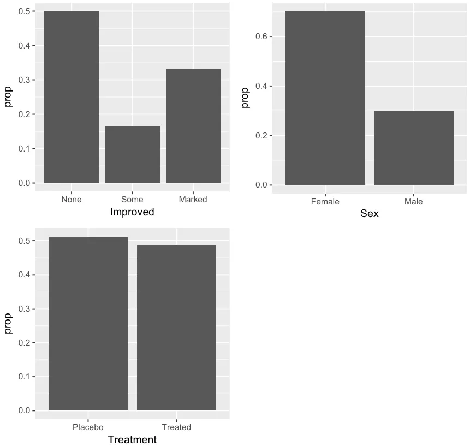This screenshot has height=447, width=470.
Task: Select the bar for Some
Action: [132, 155]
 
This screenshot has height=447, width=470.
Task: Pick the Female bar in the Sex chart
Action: [325, 98]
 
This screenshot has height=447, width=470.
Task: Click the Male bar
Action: [414, 148]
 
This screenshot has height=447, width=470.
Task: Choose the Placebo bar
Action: [88, 324]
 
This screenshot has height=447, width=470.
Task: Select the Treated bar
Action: [176, 328]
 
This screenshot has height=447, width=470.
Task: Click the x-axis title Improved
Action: [132, 212]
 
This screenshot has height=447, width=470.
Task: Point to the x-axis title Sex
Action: [369, 214]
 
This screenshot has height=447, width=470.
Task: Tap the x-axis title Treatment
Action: [132, 440]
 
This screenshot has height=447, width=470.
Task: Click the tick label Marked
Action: [193, 200]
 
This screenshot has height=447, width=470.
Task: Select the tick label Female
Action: [325, 202]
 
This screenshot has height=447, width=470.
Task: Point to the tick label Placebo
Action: [88, 427]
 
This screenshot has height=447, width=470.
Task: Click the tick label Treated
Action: [176, 427]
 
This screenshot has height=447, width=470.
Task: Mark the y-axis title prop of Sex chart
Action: [246, 98]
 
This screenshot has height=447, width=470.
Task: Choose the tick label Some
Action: [132, 200]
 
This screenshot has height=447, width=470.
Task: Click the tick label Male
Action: [414, 202]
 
